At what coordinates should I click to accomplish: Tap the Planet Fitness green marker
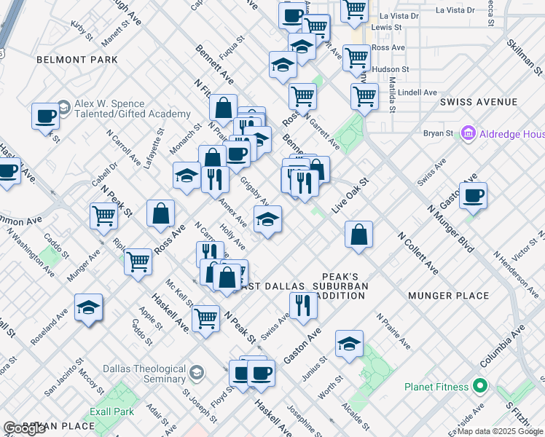point(479,385)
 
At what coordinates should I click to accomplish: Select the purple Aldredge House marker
point(468,134)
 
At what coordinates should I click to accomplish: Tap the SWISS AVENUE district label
point(479,103)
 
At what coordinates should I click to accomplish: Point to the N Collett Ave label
point(417,253)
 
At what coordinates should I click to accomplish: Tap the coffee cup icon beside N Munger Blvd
point(473,196)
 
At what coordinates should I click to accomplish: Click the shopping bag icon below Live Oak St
point(358,235)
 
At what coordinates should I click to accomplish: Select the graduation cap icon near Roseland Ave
point(88,307)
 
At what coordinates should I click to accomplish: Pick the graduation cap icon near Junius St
point(350,345)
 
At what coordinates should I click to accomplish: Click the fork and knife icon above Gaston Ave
point(303,306)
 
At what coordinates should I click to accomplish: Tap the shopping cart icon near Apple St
point(138,262)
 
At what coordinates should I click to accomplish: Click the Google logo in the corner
point(24,428)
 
